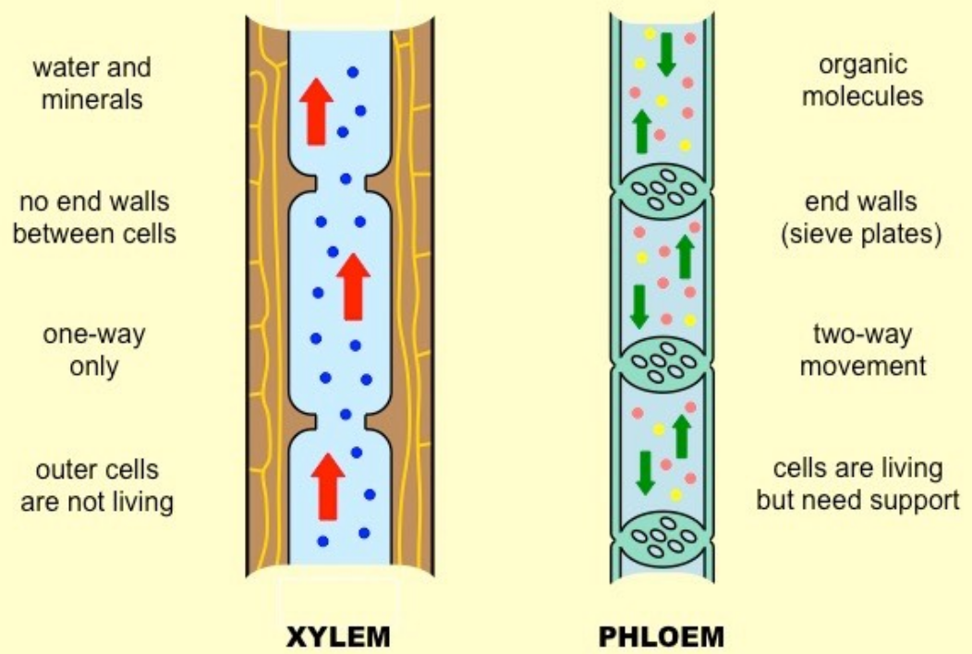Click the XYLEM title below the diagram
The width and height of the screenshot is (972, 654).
coord(338,637)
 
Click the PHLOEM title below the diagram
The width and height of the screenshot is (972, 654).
coord(662,637)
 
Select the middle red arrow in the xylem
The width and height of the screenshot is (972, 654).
coord(353,286)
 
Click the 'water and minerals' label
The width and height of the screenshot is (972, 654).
coord(91,83)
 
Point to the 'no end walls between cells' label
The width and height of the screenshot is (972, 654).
coord(93,216)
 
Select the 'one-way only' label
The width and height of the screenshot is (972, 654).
coord(94,350)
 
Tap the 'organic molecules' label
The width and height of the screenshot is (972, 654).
coord(862,81)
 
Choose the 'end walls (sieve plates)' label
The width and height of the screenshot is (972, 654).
coord(861,216)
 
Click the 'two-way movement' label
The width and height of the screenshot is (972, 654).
coord(862,350)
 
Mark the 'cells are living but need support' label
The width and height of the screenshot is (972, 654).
coord(858,484)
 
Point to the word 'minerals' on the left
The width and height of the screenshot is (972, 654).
coord(91,98)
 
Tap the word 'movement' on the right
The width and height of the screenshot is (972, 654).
coord(862,366)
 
